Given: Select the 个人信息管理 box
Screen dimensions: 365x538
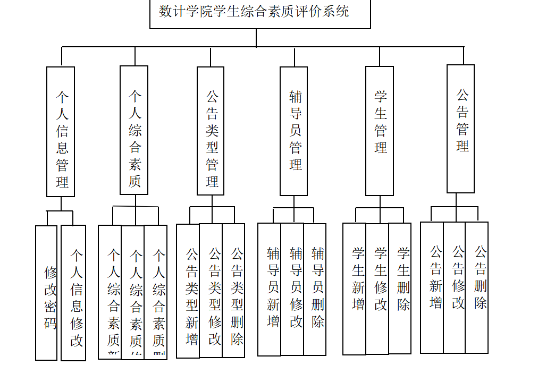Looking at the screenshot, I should click(x=61, y=131).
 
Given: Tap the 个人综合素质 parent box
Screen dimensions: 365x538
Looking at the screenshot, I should click(x=134, y=130).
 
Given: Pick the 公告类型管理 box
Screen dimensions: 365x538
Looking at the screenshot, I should click(x=211, y=131).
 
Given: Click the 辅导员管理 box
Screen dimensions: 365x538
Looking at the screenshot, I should click(x=294, y=131).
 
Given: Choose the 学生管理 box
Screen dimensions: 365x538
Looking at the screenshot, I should click(x=380, y=131).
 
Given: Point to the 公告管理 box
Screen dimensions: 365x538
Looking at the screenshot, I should click(x=460, y=129).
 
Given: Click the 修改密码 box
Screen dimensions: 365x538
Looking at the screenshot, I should click(x=46, y=293).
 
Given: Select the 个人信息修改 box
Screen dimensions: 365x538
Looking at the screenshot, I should click(x=73, y=293).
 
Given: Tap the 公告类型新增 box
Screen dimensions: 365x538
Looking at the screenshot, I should click(x=188, y=291).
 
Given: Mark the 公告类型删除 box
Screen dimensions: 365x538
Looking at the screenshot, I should click(x=234, y=291).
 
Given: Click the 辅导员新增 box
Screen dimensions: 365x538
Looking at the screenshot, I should click(x=270, y=290).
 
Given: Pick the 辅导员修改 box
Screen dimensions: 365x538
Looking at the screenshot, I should click(x=292, y=290).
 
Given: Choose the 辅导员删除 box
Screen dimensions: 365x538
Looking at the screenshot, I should click(x=315, y=290).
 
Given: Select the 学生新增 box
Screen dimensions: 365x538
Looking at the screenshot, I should click(x=355, y=288).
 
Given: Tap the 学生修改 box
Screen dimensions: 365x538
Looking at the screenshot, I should click(x=377, y=288).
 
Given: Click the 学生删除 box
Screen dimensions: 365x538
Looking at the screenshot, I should click(x=400, y=288).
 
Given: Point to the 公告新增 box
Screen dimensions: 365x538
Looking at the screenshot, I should click(x=432, y=287).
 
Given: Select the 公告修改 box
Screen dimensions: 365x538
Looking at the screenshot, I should click(x=455, y=287).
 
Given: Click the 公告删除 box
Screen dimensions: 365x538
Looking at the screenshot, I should click(x=477, y=287).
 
